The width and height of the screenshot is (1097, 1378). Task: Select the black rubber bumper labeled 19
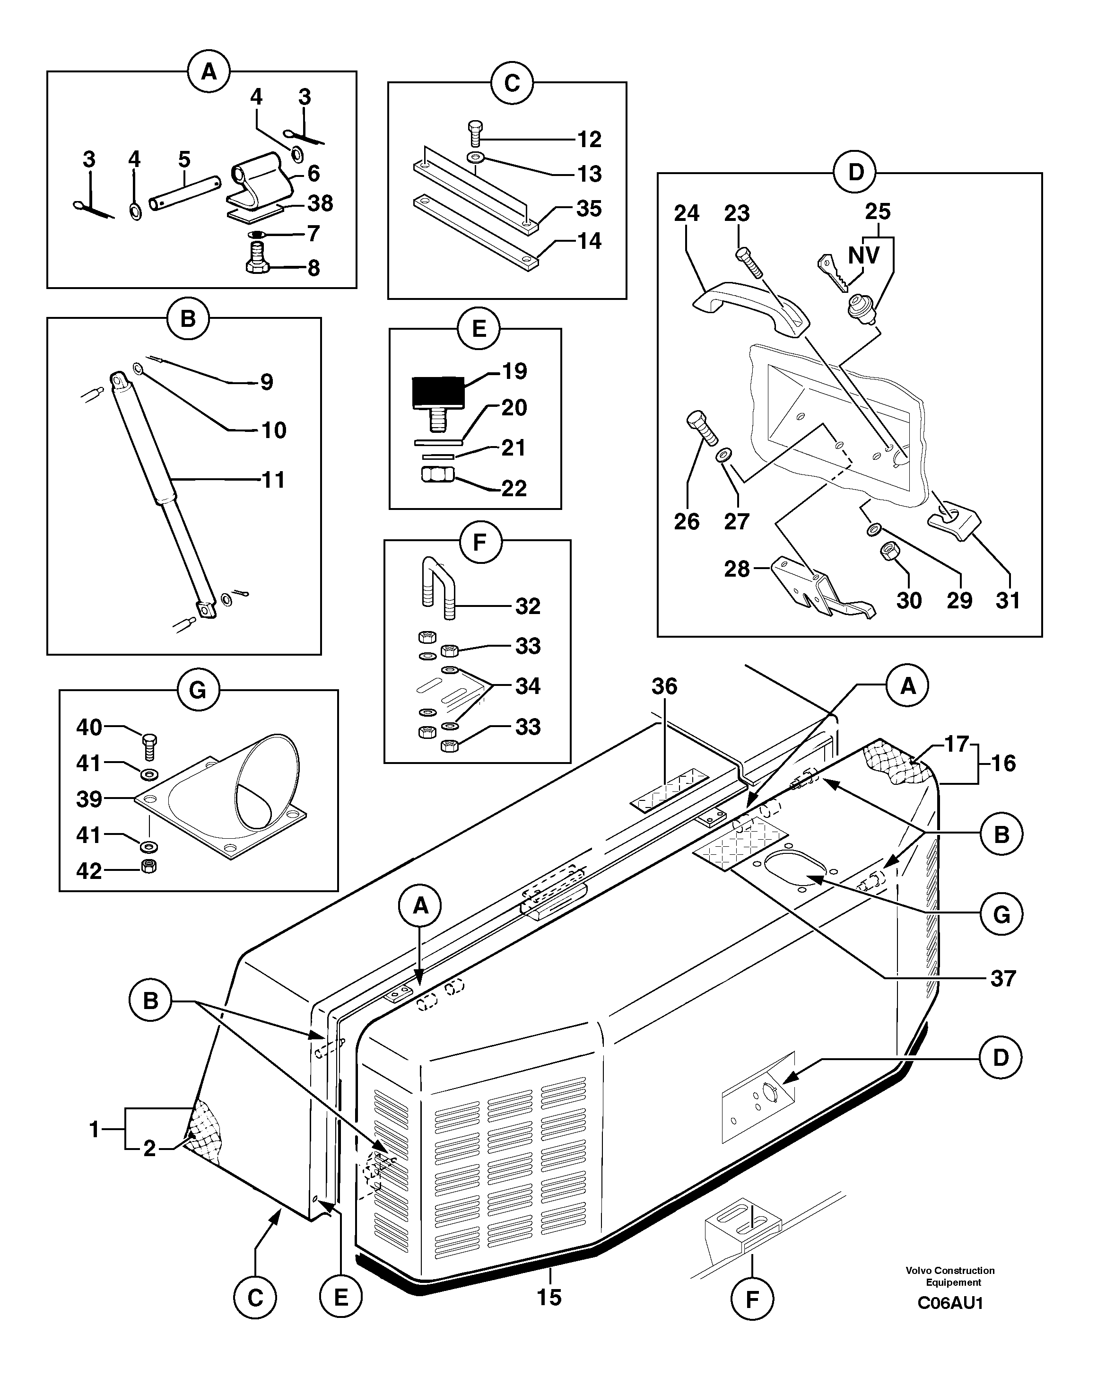[438, 393]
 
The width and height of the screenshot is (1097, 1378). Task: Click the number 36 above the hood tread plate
[664, 686]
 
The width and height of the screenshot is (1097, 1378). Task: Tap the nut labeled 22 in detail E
[438, 475]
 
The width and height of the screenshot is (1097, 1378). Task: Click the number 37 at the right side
[1002, 978]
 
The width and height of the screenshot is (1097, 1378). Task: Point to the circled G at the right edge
[1001, 914]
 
